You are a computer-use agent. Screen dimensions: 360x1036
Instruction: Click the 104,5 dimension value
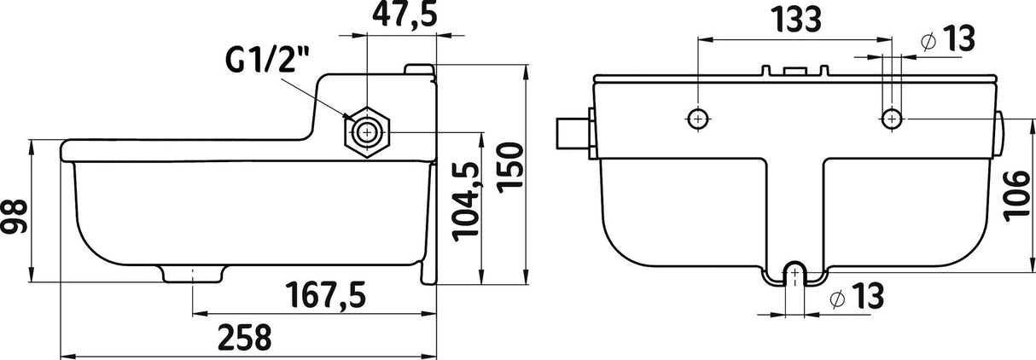point(468,200)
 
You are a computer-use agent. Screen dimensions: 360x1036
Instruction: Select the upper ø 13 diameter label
point(947,38)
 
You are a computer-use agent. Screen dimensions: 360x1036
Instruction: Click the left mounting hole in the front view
point(699,118)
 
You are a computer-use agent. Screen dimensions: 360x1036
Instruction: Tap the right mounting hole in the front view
point(891,118)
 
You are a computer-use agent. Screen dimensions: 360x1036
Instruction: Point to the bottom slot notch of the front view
point(795,271)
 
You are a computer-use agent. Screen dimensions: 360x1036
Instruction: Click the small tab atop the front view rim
point(794,71)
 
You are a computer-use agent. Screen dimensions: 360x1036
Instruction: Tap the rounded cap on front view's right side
point(998,134)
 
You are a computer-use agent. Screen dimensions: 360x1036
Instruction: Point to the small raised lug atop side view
point(419,69)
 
